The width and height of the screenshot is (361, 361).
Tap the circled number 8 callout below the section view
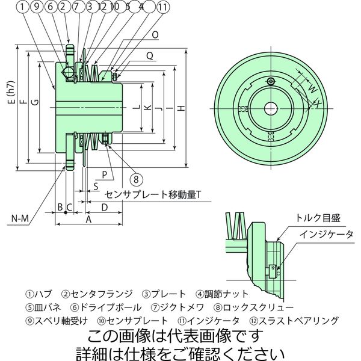(x=137, y=179)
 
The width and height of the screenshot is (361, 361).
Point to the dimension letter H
(x=181, y=108)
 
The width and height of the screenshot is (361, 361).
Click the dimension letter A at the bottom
(x=88, y=221)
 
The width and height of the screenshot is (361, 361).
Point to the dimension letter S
(x=96, y=187)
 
